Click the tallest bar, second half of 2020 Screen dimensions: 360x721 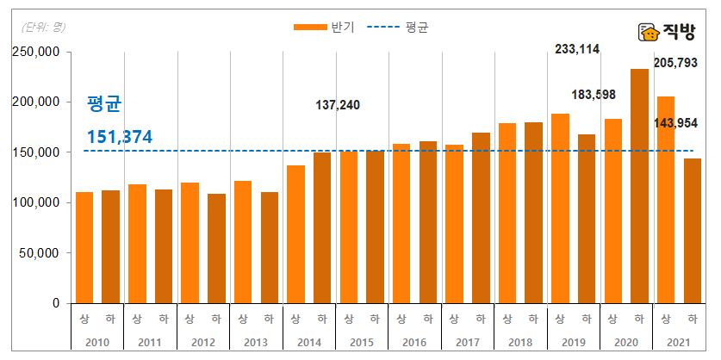coord(639,186)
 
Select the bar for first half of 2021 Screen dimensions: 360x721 coord(666,200)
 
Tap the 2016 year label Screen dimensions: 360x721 coord(415,343)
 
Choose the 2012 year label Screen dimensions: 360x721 coord(203,343)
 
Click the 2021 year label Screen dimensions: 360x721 coord(680,343)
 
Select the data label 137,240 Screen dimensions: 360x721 coord(337,105)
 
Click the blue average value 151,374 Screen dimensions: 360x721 coord(120,138)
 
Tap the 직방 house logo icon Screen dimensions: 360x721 coord(649,33)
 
